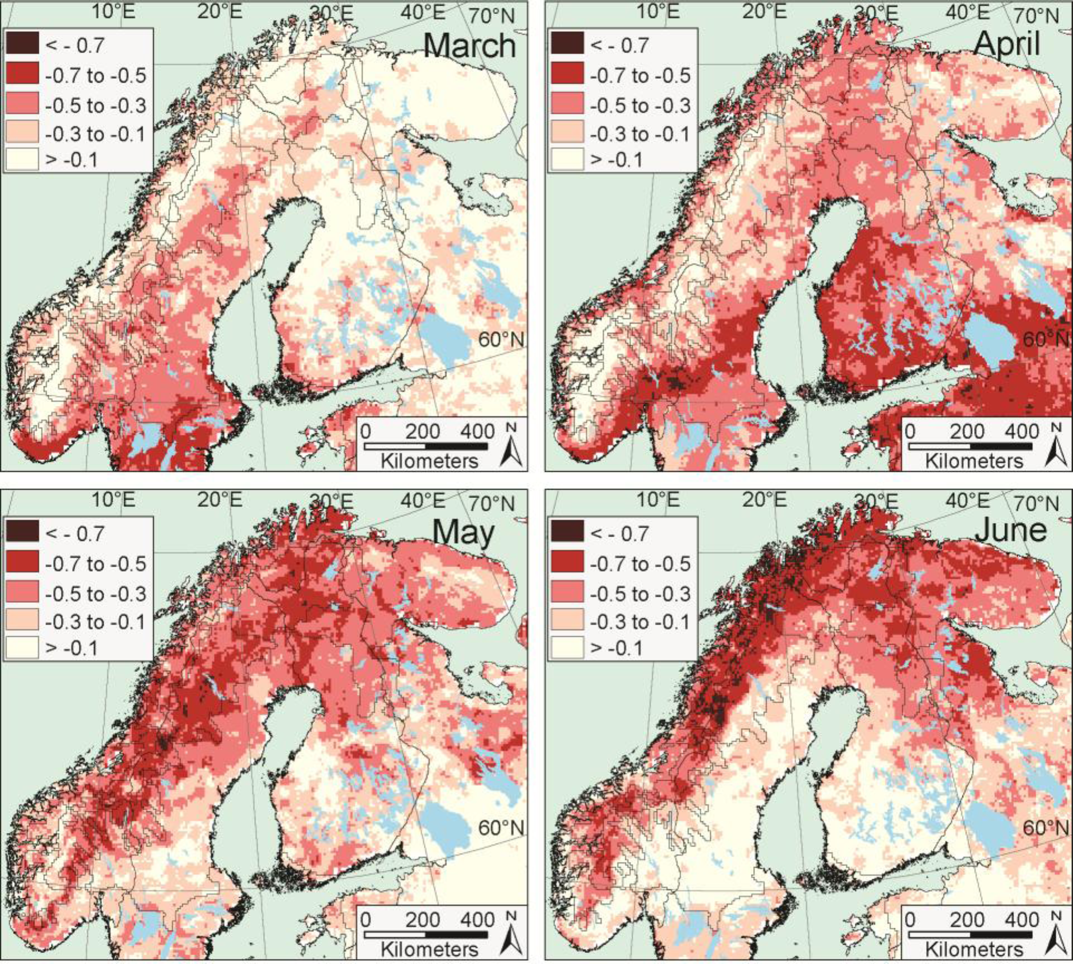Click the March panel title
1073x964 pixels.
click(469, 45)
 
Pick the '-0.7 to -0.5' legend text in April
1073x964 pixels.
click(640, 76)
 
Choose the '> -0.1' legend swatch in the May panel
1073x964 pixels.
click(22, 647)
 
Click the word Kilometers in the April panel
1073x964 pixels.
click(974, 461)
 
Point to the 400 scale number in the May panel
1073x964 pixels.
click(477, 919)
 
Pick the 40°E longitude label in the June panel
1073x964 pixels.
click(968, 500)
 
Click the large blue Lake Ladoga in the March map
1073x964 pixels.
click(445, 344)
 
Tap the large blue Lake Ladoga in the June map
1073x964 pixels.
click(988, 832)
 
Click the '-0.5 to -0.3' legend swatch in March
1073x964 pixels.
click(22, 104)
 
